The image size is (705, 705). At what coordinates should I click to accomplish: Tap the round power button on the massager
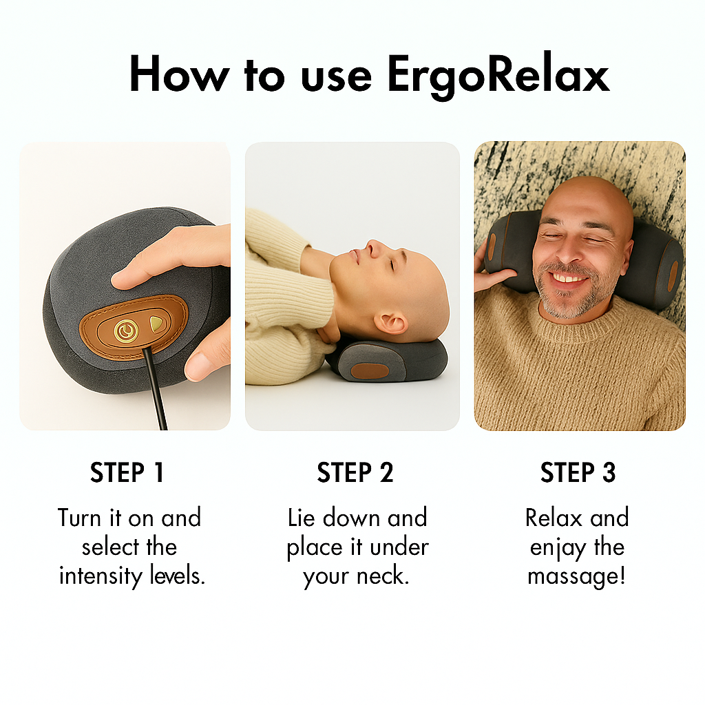click(127, 330)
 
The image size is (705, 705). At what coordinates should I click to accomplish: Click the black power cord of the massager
click(155, 389)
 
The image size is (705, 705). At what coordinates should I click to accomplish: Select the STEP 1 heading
click(127, 472)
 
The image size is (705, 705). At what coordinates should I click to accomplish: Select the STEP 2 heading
click(355, 472)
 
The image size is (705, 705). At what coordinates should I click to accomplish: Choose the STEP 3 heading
click(578, 472)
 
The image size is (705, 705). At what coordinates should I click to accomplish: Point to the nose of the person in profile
click(374, 247)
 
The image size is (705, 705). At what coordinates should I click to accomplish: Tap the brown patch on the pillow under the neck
click(370, 371)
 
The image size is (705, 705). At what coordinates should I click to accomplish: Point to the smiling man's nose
click(569, 255)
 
